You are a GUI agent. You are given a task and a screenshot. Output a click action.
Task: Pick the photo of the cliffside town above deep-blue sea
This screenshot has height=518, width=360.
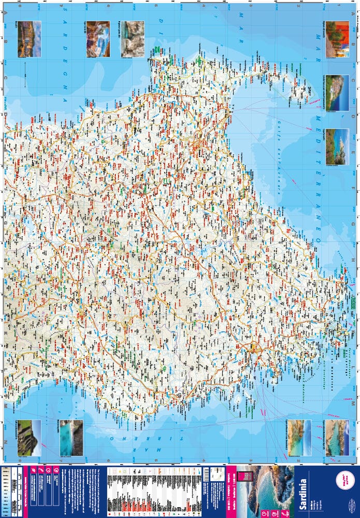[337, 93]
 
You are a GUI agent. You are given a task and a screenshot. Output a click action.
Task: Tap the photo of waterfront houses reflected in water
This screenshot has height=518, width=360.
[29, 39]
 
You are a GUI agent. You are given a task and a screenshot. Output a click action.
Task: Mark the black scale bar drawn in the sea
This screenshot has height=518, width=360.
[25, 75]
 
